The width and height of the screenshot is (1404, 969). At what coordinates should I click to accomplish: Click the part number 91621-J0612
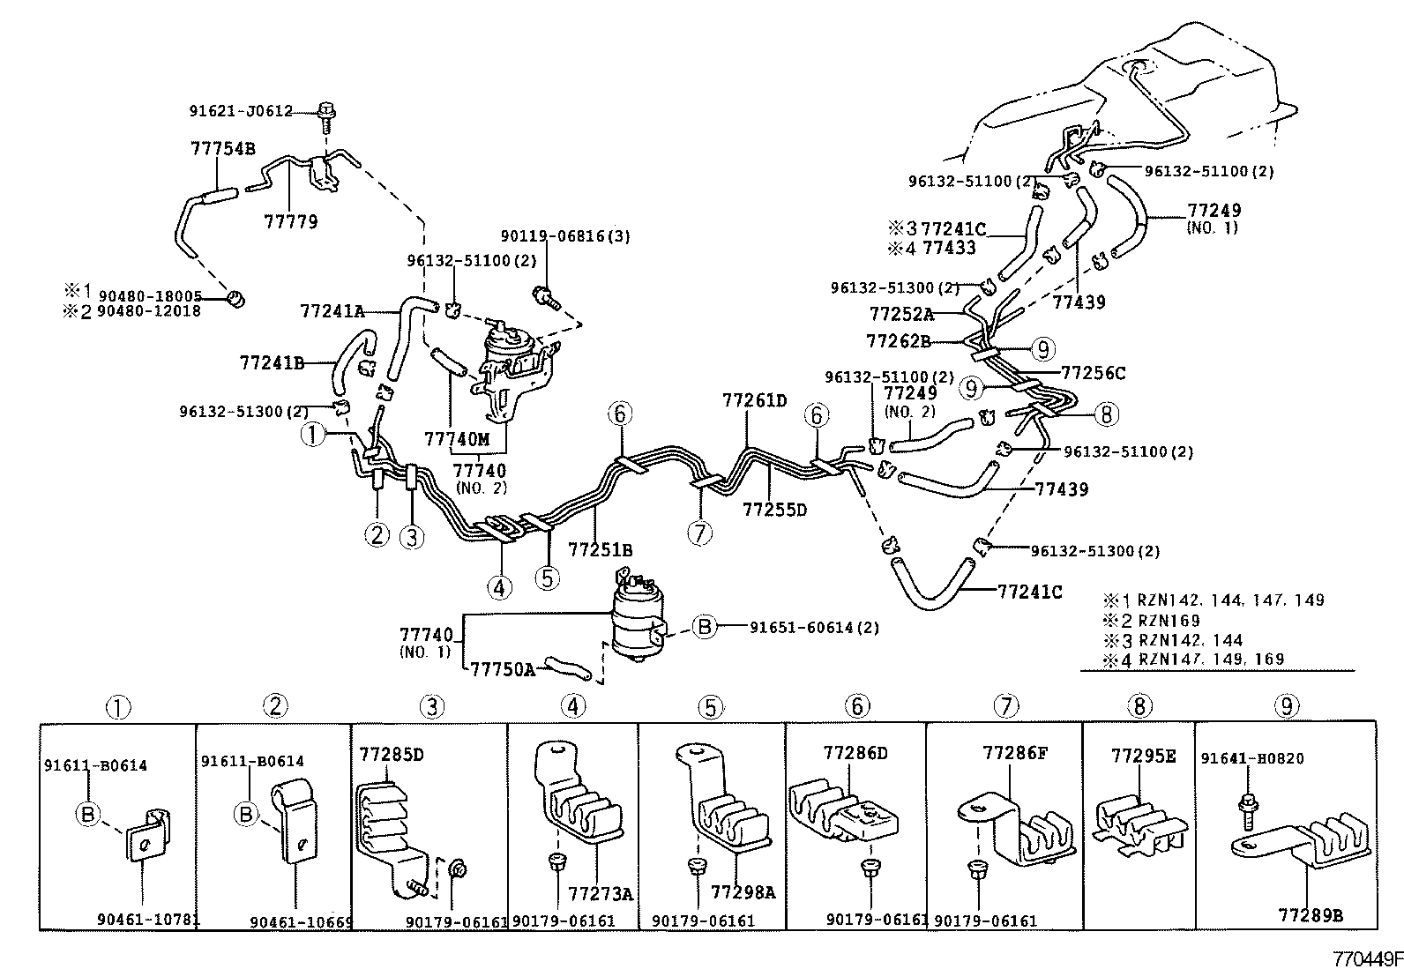pos(240,111)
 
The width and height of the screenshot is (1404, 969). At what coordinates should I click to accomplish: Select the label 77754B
pos(223,149)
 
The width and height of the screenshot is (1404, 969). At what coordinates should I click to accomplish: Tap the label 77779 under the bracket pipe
pos(290,220)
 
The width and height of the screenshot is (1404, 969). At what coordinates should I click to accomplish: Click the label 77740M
pos(456,439)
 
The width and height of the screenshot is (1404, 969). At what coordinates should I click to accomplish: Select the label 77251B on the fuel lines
pos(600,549)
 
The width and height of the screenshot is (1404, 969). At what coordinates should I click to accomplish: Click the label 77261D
pos(754,400)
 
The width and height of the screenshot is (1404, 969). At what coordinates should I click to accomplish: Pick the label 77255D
pos(774,509)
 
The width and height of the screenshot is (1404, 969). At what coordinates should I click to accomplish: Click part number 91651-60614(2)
pos(814,628)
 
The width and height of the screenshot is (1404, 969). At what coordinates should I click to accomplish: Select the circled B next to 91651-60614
pos(705,627)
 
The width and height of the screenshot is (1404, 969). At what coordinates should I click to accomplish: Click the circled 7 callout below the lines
pos(700,533)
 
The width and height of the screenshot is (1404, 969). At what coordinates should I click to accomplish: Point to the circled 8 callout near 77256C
pos(1107,413)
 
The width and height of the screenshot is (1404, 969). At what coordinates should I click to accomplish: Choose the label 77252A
pos(900,313)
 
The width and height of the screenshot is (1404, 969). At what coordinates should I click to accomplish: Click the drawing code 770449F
pos(1366,958)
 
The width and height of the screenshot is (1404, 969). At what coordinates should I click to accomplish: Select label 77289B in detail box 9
pos(1311,915)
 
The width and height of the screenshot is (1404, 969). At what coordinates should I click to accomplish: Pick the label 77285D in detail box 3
pos(392,754)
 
